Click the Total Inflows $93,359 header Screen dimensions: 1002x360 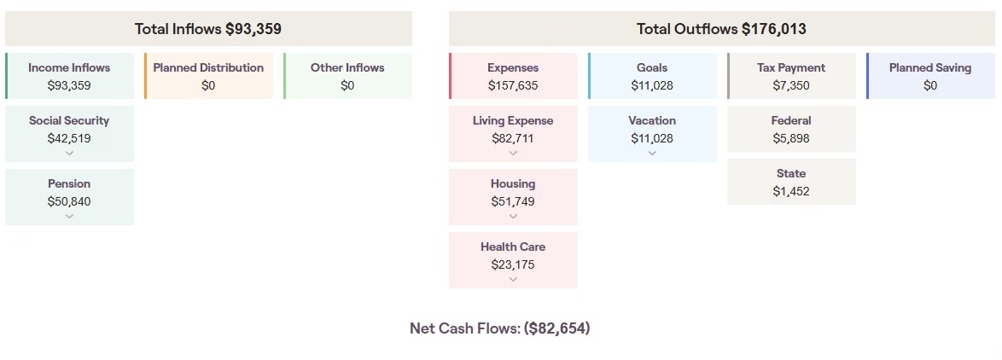(208, 29)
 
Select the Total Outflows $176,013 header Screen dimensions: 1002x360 (721, 29)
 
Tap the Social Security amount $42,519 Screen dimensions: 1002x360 (69, 138)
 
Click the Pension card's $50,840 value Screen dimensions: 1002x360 (69, 201)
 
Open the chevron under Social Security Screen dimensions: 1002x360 (69, 154)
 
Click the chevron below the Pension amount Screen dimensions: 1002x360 (69, 217)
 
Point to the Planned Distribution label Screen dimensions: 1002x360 (208, 67)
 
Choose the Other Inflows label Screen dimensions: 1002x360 (347, 67)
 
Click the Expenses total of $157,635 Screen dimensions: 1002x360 (513, 85)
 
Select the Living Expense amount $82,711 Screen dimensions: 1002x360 (513, 138)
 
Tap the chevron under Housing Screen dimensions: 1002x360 (513, 217)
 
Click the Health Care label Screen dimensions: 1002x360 (513, 247)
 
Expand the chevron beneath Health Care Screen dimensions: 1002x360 (513, 280)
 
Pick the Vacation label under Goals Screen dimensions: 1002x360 (652, 120)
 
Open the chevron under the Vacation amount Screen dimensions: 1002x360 (652, 154)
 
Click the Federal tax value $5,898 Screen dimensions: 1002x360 (791, 138)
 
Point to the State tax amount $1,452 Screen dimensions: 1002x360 (791, 191)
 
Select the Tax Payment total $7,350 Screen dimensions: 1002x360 (791, 85)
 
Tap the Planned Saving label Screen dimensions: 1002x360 (930, 67)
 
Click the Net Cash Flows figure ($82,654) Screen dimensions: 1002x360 (556, 328)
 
